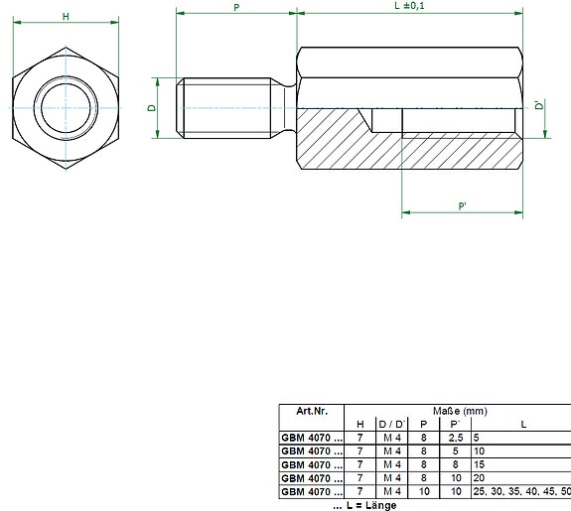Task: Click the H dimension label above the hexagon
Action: pyautogui.click(x=66, y=17)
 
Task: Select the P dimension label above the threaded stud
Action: pyautogui.click(x=235, y=7)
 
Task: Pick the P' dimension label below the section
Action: pyautogui.click(x=462, y=205)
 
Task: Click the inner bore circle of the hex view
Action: pyautogui.click(x=66, y=108)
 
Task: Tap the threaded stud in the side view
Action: pyautogui.click(x=228, y=108)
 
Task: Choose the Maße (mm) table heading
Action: pyautogui.click(x=457, y=411)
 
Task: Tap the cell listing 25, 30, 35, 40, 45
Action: pyautogui.click(x=521, y=490)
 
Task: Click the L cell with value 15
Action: pyautogui.click(x=479, y=463)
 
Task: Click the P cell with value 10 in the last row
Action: pyautogui.click(x=423, y=490)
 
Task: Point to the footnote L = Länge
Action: pyautogui.click(x=364, y=504)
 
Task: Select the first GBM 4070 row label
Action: pyautogui.click(x=311, y=437)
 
